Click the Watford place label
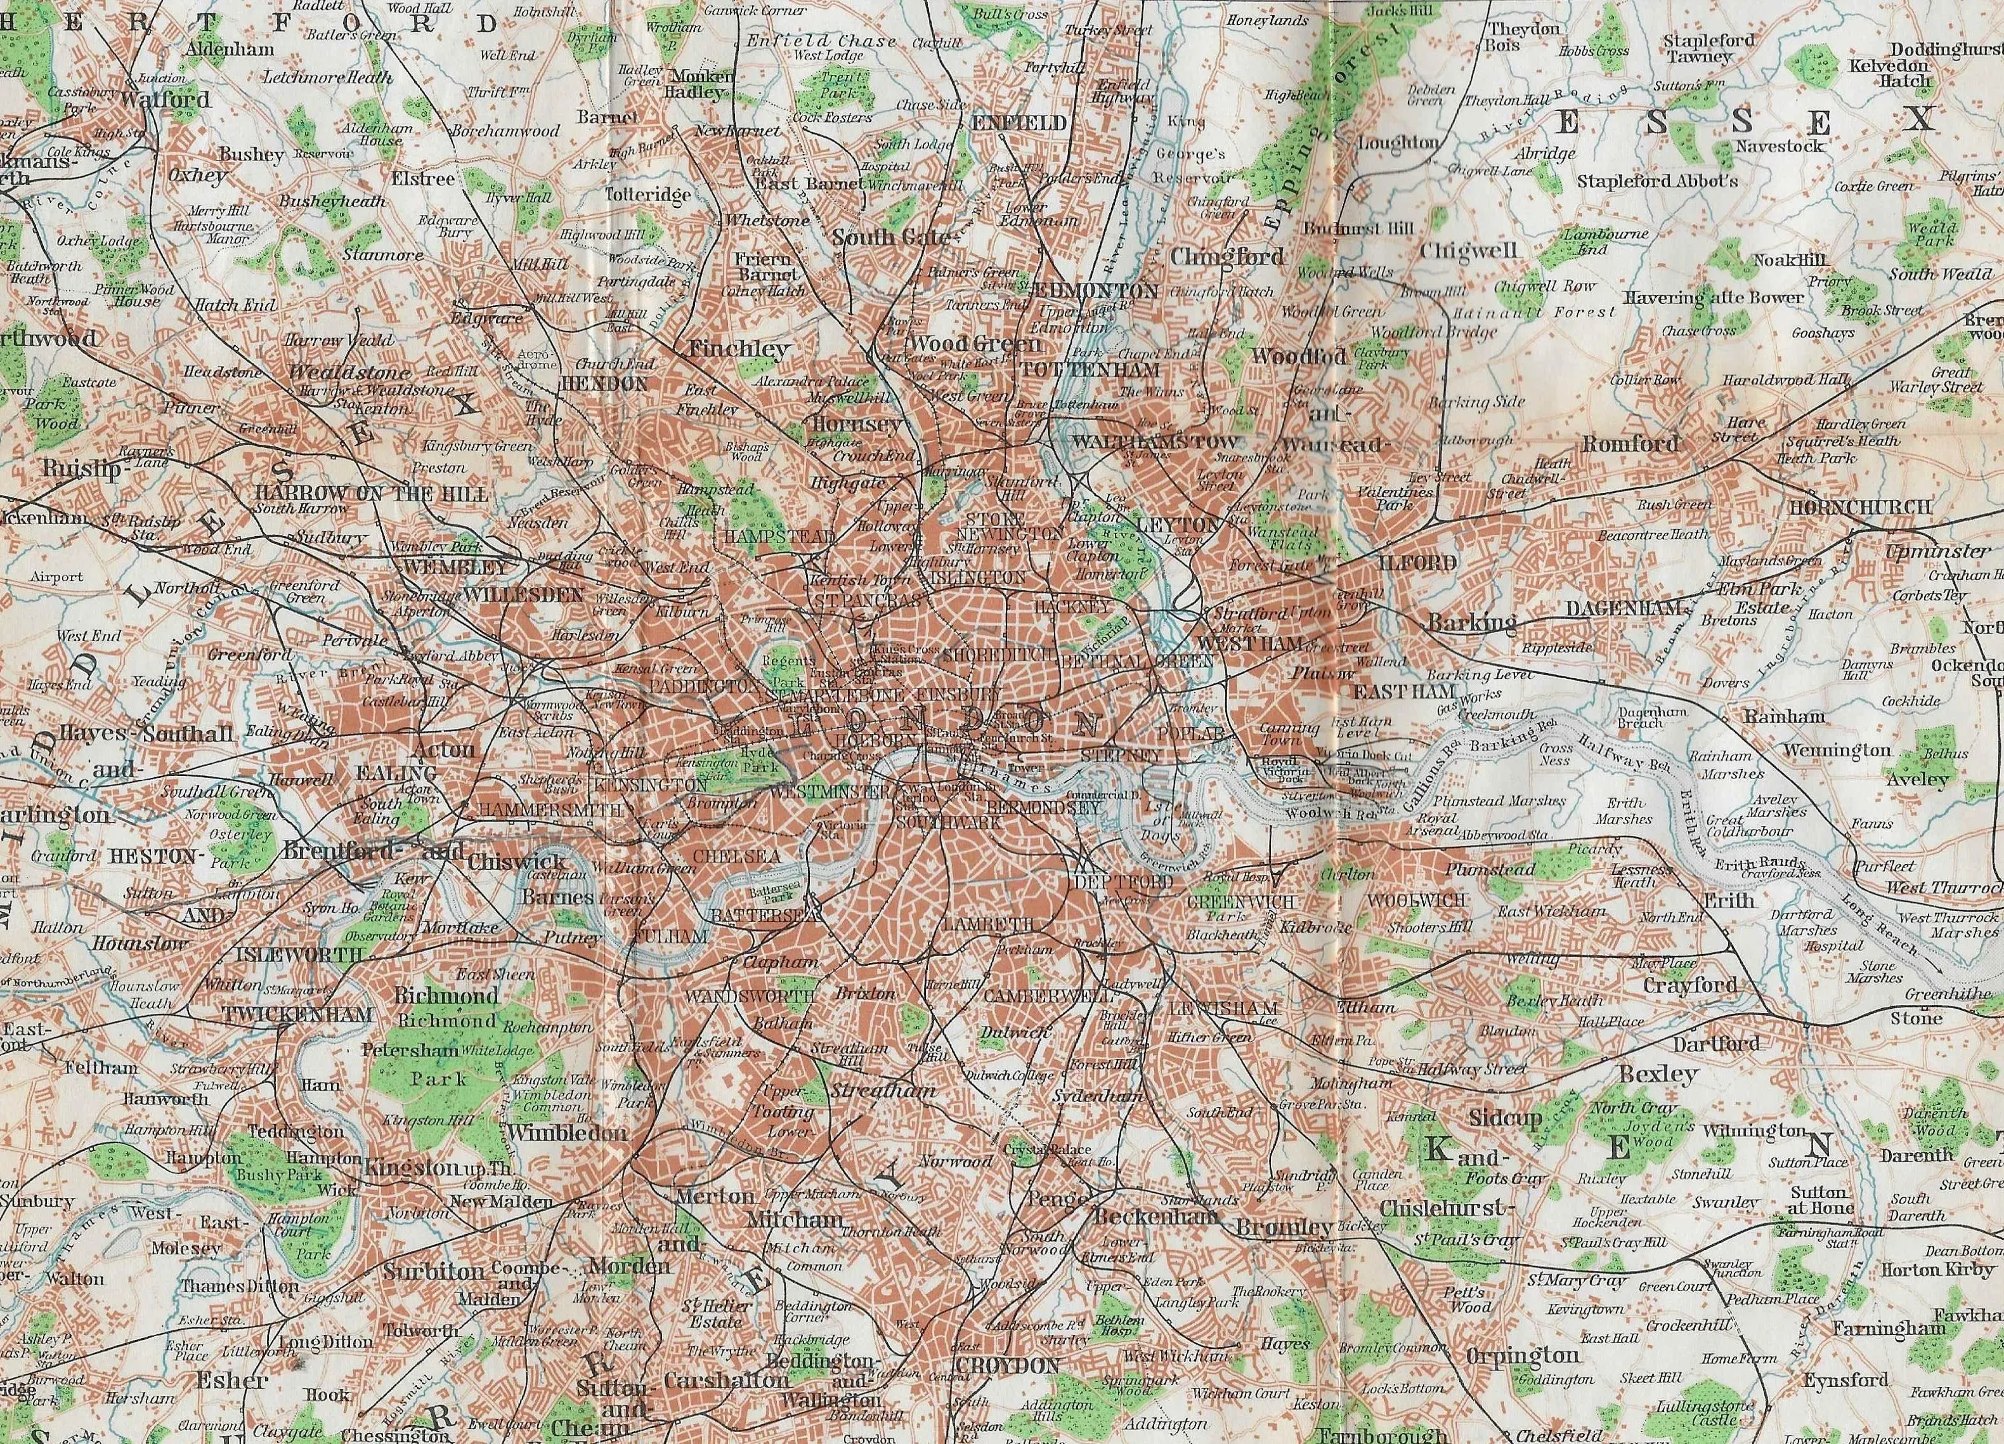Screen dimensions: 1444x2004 pos(166,99)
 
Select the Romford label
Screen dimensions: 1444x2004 pos(1630,443)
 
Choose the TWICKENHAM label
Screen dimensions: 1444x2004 pos(296,1014)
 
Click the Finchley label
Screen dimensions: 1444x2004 pos(741,349)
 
